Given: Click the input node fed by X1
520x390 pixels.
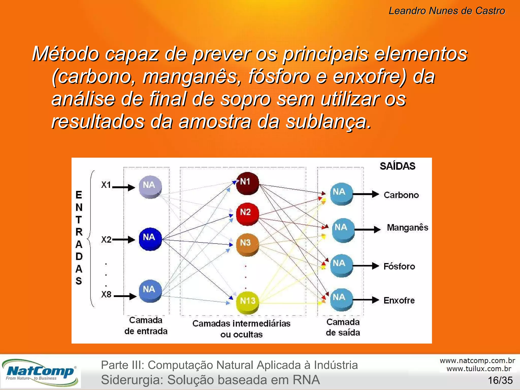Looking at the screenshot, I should click(150, 187).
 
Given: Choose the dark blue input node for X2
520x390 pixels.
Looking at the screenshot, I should click(150, 239).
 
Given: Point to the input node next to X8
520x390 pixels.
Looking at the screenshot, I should click(150, 291).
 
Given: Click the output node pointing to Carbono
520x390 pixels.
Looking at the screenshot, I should click(341, 194).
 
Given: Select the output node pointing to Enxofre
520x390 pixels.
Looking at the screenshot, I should click(341, 299).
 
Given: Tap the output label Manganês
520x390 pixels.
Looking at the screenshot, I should click(407, 227).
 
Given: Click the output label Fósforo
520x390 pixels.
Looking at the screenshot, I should click(399, 266).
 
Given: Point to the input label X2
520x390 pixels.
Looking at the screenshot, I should click(106, 240).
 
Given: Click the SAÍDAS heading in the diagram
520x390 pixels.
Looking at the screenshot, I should click(397, 166).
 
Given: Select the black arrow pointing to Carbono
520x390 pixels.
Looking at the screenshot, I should click(366, 194).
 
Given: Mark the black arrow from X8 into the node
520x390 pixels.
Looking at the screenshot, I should click(125, 296).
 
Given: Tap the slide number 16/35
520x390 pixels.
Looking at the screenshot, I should click(500, 380).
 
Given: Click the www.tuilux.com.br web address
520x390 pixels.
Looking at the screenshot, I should click(479, 369).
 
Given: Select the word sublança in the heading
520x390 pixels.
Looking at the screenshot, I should click(329, 122).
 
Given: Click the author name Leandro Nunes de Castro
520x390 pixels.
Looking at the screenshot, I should click(447, 11).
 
